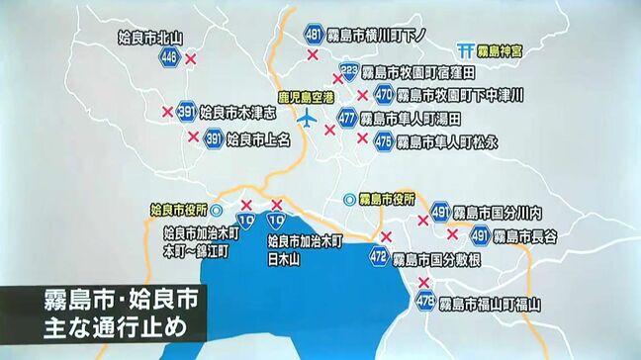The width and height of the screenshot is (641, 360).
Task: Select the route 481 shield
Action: pos(314,35)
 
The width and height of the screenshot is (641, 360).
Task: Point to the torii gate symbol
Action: pos(466,49)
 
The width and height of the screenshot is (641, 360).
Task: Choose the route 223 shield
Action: pos(348,71)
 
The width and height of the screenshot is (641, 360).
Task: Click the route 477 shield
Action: pos(347,118)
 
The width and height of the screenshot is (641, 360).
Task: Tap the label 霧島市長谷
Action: pos(525,235)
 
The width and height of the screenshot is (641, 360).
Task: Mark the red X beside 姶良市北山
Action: pos(192,60)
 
